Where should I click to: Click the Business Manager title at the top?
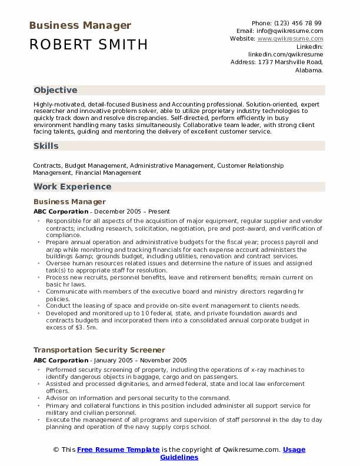coord(79,25)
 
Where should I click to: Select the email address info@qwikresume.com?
coord(290,31)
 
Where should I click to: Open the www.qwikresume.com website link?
coord(290,38)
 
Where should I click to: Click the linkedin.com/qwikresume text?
coord(286,54)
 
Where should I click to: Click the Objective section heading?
coord(55,90)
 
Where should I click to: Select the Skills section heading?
coord(46,146)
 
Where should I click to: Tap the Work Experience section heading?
coord(72,187)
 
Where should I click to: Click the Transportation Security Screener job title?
coord(99,349)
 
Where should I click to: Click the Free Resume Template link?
coord(118,450)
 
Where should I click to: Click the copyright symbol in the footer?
coord(56,450)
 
